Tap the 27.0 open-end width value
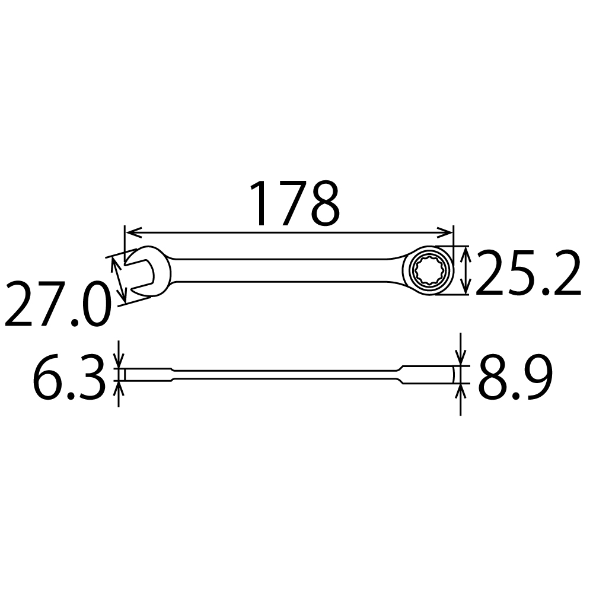57,305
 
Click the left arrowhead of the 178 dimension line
129,231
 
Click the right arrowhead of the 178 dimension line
448,231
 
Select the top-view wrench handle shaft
285,270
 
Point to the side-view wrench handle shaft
285,375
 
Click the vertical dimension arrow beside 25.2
467,270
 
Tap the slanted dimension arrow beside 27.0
119,279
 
